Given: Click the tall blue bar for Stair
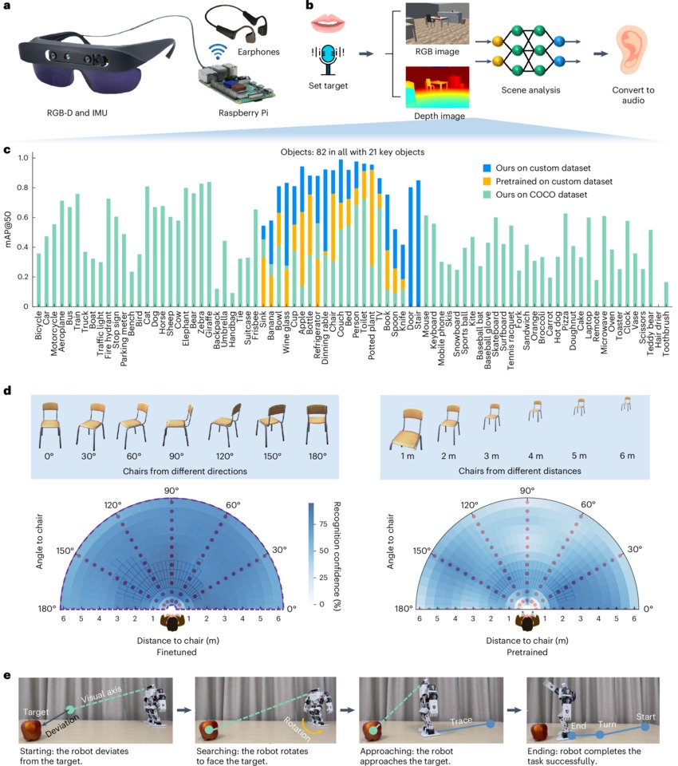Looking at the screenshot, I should click(x=417, y=243).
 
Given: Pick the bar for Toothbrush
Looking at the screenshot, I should click(x=666, y=294).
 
